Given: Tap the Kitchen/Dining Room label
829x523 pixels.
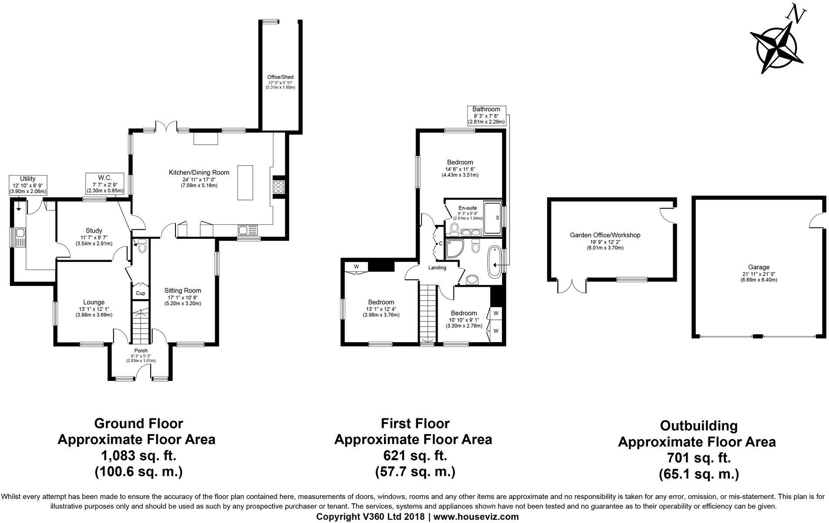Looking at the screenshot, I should (x=199, y=173).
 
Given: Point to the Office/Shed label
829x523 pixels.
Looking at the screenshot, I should (x=280, y=77).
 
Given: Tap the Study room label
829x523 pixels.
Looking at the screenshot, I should (x=94, y=231).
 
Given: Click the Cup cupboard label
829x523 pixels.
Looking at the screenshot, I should (x=140, y=293).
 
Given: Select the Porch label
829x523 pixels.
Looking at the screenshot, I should (x=141, y=350).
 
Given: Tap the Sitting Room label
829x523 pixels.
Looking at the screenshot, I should (x=182, y=290).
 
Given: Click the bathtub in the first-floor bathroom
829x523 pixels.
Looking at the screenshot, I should (x=495, y=262).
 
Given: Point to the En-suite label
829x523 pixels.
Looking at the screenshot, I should (x=468, y=207).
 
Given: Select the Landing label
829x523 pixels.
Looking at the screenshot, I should (x=437, y=268).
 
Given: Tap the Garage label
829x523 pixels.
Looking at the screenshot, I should (x=759, y=267).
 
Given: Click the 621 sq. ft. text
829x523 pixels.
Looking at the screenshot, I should (x=413, y=456).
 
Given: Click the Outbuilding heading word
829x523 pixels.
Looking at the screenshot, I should (x=698, y=425).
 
